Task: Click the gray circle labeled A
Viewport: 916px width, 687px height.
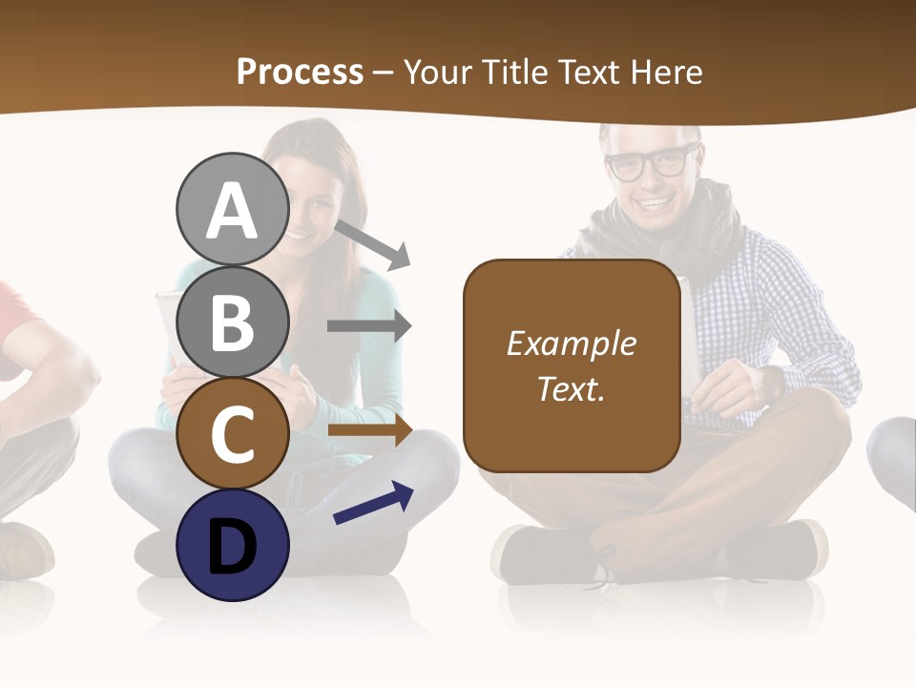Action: pyautogui.click(x=232, y=210)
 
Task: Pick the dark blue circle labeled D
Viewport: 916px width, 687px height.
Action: pyautogui.click(x=232, y=545)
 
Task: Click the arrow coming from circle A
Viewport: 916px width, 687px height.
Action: pyautogui.click(x=373, y=244)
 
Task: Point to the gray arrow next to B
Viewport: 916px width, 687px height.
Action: pyautogui.click(x=368, y=326)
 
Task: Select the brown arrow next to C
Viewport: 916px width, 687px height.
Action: pyautogui.click(x=368, y=430)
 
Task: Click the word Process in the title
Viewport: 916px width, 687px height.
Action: pyautogui.click(x=300, y=72)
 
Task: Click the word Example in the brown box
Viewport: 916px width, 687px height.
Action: pyautogui.click(x=571, y=343)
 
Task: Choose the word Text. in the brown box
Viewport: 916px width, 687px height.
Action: pyautogui.click(x=571, y=388)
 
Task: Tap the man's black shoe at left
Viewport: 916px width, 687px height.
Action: pyautogui.click(x=544, y=553)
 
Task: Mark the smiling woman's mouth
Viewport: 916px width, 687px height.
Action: pyautogui.click(x=298, y=234)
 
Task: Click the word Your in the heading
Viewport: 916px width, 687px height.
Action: pyautogui.click(x=441, y=72)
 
